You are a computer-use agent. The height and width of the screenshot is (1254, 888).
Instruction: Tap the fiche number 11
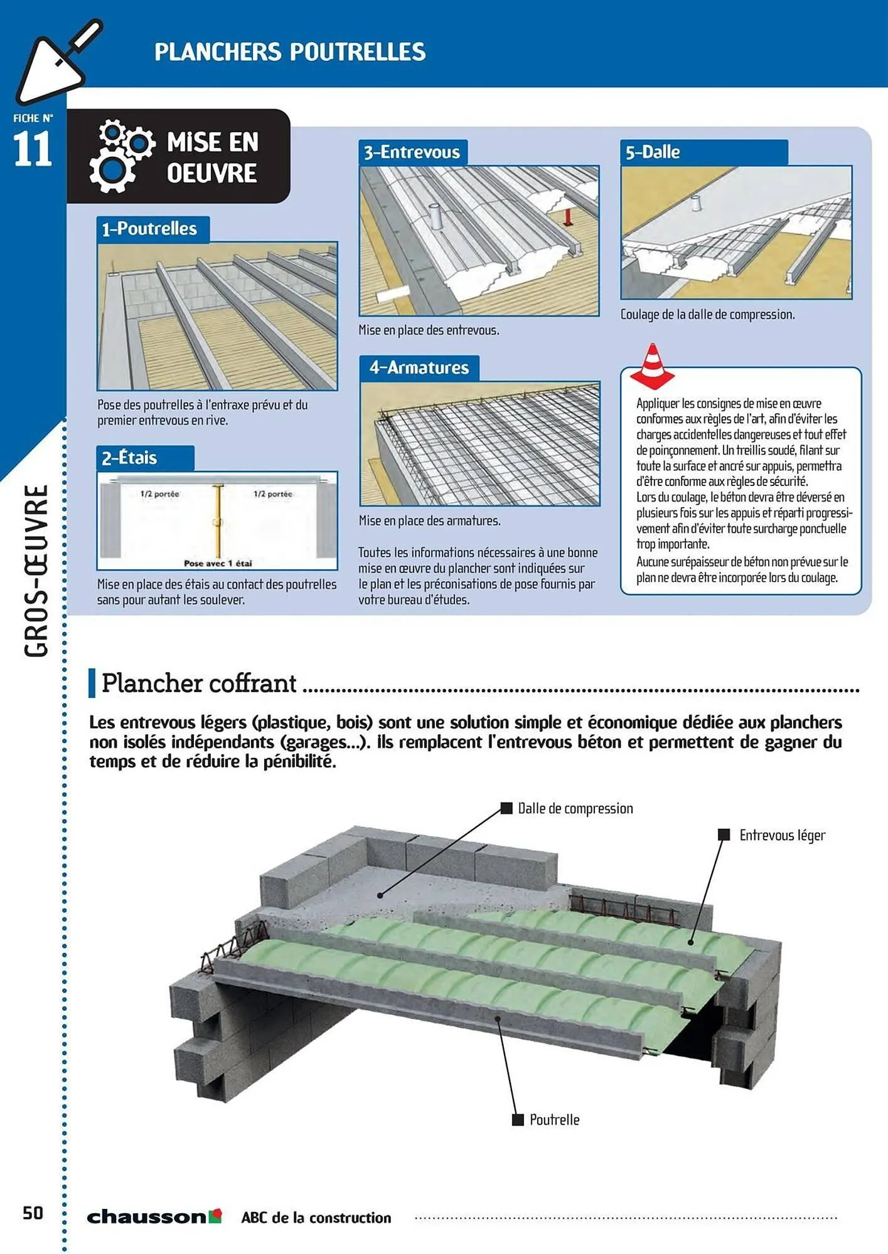32,149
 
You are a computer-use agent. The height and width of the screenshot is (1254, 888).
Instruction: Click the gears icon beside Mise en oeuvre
120,155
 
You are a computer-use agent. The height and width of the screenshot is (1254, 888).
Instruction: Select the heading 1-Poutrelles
149,229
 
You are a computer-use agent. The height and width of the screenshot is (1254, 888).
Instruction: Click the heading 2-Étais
129,458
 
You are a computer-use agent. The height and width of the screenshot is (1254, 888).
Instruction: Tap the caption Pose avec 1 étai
218,563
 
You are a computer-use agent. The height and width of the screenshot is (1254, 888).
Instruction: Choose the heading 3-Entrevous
412,152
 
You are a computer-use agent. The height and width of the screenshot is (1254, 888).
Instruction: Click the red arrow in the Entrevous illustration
567,217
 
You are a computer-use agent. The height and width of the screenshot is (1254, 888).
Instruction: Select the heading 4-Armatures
419,367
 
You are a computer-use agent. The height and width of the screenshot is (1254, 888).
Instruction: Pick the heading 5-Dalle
653,152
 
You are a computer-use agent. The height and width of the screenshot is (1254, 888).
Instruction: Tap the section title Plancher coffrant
198,683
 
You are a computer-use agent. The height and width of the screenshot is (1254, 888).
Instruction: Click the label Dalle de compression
575,808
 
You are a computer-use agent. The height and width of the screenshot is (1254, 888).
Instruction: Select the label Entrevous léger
782,835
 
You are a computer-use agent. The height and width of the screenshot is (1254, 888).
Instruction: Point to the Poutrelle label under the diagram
554,1120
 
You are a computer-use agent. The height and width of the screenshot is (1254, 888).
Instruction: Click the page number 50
33,1213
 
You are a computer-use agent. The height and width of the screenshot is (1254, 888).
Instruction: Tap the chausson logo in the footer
154,1216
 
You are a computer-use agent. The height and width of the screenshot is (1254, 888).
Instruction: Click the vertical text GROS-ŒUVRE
36,571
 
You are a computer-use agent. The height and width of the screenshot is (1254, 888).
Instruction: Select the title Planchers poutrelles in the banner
290,52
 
